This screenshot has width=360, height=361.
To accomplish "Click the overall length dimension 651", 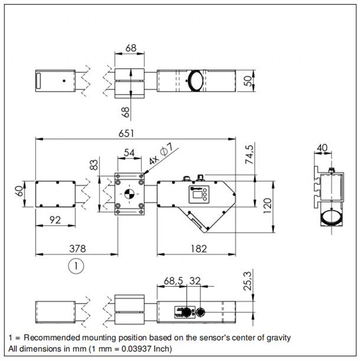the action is pyautogui.click(x=126, y=133).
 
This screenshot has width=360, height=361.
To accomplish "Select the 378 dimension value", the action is pyautogui.click(x=78, y=249).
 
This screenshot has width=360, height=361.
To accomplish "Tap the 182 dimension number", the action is pyautogui.click(x=199, y=249).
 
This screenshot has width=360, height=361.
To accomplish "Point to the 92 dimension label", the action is pyautogui.click(x=55, y=220).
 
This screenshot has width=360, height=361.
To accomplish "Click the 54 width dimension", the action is pyautogui.click(x=129, y=153).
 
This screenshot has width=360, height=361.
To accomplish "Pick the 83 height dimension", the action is pyautogui.click(x=94, y=165).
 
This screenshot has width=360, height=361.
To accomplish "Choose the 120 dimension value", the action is pyautogui.click(x=267, y=205).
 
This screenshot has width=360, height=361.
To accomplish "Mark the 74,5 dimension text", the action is pyautogui.click(x=250, y=154).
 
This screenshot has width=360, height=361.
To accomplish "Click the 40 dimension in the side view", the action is pyautogui.click(x=322, y=148).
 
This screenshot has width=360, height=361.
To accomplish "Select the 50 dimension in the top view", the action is pyautogui.click(x=248, y=81).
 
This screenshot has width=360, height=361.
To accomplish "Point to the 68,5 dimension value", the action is pyautogui.click(x=173, y=281).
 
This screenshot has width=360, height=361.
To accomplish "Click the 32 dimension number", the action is pyautogui.click(x=195, y=281).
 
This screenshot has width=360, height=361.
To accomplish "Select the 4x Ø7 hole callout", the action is pyautogui.click(x=161, y=153).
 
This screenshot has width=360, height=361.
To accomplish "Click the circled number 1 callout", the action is pyautogui.click(x=76, y=266).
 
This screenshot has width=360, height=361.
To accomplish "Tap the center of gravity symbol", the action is pyautogui.click(x=129, y=194).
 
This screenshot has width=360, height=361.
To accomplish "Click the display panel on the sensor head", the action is pyautogui.click(x=199, y=194).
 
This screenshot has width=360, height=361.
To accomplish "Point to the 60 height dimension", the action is pyautogui.click(x=19, y=191).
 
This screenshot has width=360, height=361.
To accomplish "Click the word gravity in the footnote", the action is pyautogui.click(x=278, y=338).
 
